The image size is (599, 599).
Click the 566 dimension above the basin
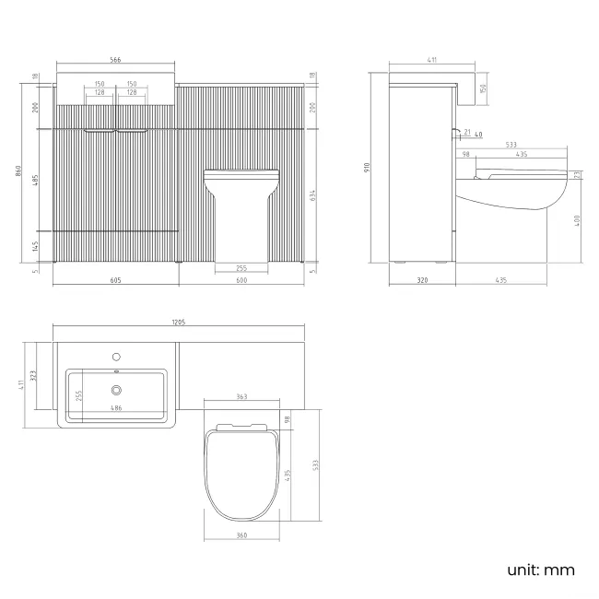coord(115,60)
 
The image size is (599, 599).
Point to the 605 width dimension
coord(115,281)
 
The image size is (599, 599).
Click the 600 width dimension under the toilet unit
coord(240,281)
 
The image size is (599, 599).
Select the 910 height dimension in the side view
coord(368,169)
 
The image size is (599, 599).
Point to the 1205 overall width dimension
coord(179,322)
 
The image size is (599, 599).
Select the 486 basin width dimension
coord(116,407)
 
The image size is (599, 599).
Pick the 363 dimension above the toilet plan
coord(241,396)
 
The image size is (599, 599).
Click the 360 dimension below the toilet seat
coord(241,535)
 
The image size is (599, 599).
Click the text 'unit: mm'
coord(541,570)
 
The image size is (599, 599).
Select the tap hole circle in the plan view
coord(116,355)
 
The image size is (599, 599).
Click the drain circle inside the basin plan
coord(116,390)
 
